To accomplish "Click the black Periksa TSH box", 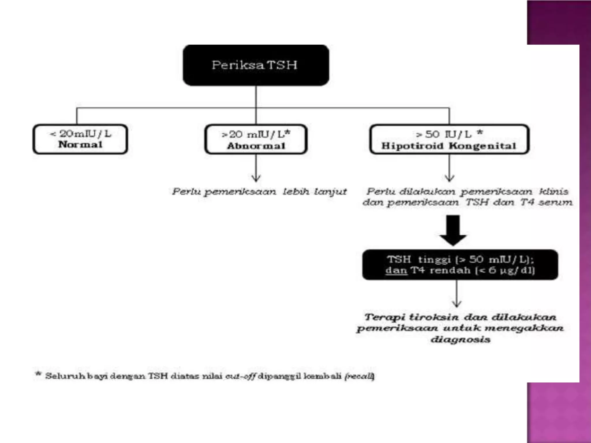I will pyautogui.click(x=256, y=65).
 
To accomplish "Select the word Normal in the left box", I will pyautogui.click(x=80, y=144).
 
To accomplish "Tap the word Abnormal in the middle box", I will pyautogui.click(x=256, y=146).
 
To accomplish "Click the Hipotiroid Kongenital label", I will pyautogui.click(x=449, y=146).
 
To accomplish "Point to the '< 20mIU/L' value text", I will pyautogui.click(x=81, y=134).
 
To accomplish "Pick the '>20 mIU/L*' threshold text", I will pyautogui.click(x=256, y=134).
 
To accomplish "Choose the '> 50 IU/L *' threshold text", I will pyautogui.click(x=449, y=134).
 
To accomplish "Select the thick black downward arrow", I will pyautogui.click(x=453, y=231).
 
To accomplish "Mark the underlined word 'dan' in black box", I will pyautogui.click(x=396, y=271).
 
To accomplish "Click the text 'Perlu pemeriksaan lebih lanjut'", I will pyautogui.click(x=259, y=192).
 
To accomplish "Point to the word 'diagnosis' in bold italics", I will pyautogui.click(x=460, y=339).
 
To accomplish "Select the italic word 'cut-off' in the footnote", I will pyautogui.click(x=240, y=376).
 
